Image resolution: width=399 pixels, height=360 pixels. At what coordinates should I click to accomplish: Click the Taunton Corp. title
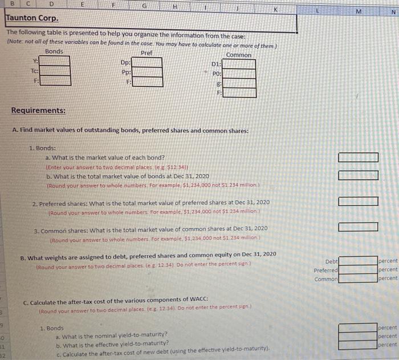[28, 18]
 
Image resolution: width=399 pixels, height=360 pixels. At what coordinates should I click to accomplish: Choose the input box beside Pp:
[147, 72]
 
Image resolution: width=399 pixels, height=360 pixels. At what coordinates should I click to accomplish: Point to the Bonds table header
[54, 51]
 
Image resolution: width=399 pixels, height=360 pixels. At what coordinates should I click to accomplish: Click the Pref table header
[146, 51]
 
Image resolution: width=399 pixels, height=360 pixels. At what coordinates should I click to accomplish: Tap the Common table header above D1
[238, 55]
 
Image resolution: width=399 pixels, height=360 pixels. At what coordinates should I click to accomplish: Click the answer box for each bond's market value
[358, 157]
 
